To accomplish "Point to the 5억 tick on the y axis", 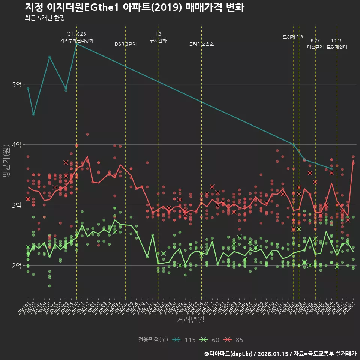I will pos(16,84).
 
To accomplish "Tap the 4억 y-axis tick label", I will pos(16,145).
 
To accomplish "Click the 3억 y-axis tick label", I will pos(16,205).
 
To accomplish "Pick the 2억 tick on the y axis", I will pos(16,265).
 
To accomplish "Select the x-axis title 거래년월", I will pos(190,320).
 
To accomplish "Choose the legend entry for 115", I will pos(184,340).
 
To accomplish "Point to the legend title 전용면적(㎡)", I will pos(153,340).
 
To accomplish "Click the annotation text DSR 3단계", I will pos(126,44).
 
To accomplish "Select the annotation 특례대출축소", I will pos(201,44).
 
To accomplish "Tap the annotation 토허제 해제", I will pos(294,37).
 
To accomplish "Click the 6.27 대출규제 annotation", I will pos(315,44).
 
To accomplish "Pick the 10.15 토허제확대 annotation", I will pos(337,44).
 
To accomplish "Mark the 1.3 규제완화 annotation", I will pos(158,37).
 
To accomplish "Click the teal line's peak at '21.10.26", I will pos(76,43).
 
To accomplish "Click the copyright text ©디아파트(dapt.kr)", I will pos(228,354).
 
